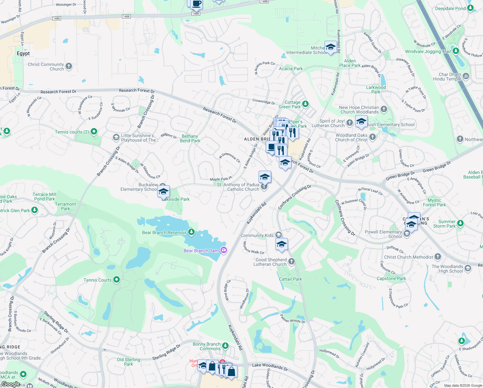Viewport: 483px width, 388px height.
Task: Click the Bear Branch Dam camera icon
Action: (x=223, y=250)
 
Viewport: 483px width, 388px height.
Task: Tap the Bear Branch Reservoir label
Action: (x=164, y=232)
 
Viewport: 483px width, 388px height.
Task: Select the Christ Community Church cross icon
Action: (x=69, y=66)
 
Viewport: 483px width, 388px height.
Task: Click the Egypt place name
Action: (x=23, y=53)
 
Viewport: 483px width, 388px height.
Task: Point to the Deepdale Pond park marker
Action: (x=470, y=8)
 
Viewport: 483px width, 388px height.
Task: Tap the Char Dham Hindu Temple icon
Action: (x=466, y=76)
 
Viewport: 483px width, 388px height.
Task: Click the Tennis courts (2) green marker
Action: (x=94, y=132)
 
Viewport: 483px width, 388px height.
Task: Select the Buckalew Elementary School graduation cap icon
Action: (x=163, y=191)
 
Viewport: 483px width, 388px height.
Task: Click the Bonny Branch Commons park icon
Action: (x=225, y=346)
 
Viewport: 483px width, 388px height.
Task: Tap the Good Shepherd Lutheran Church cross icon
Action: (x=291, y=261)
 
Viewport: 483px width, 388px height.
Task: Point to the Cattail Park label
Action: (x=290, y=279)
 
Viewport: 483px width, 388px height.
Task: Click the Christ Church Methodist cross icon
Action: (x=438, y=257)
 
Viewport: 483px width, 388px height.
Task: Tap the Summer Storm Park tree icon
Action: (x=460, y=223)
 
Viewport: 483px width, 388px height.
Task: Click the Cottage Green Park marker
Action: (x=305, y=104)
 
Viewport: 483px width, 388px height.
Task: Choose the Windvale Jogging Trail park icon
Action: (x=456, y=51)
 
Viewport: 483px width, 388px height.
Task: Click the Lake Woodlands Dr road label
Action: (x=270, y=366)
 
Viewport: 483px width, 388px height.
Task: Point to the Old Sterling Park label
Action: (x=128, y=362)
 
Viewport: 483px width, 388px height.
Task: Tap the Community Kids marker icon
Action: (x=278, y=235)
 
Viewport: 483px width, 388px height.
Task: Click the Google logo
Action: (x=11, y=384)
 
